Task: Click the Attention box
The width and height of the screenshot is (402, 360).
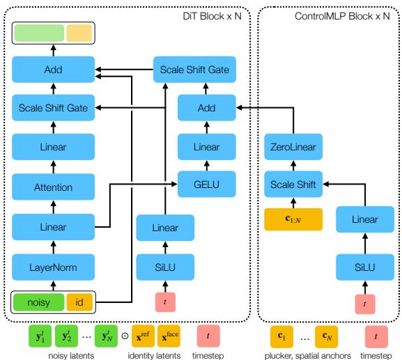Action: [53, 188]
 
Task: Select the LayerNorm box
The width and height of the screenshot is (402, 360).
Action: [53, 266]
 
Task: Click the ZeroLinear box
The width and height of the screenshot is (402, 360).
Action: [292, 147]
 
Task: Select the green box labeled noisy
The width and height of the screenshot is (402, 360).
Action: [38, 303]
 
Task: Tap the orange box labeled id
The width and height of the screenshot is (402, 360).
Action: [79, 303]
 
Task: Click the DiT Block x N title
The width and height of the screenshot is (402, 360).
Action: [215, 15]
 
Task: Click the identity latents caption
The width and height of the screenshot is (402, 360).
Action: [154, 354]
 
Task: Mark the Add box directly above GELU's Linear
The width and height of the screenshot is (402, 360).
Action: [206, 107]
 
